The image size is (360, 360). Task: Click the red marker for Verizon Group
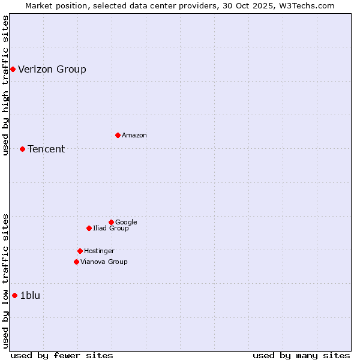coord(13,69)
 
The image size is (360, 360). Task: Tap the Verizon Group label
coord(52,69)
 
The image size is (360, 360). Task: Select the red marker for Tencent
coord(22,149)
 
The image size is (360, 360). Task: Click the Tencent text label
coord(46,149)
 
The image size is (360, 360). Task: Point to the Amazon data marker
coord(118,135)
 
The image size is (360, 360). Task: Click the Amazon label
coord(134,136)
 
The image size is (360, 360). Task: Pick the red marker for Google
coord(111,222)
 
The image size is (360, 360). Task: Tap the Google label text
coord(126,223)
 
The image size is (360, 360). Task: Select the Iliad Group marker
coord(89,228)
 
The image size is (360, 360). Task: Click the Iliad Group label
coord(111,229)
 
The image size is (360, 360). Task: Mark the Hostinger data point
coord(80,251)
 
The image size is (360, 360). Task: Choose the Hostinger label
coord(99,251)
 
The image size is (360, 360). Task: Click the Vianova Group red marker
coord(76,262)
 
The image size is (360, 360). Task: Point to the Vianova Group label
coord(104,262)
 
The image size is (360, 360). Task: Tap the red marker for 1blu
coord(14,295)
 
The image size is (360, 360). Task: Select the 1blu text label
coord(30,295)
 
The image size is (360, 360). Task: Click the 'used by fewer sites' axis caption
coord(62,355)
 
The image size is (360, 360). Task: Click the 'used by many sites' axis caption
coord(301,355)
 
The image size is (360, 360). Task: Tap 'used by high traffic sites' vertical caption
coord(5,85)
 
